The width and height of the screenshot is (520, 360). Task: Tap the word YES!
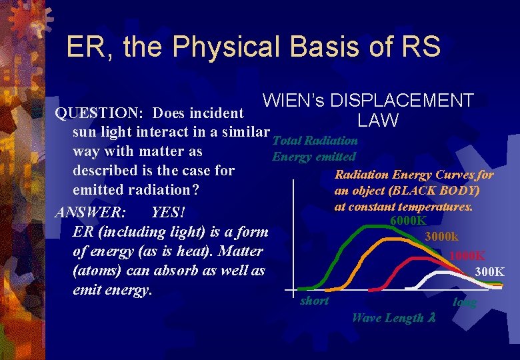click(x=168, y=213)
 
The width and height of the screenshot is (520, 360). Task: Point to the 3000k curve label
click(x=441, y=237)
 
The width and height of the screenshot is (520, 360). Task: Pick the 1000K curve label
click(x=467, y=256)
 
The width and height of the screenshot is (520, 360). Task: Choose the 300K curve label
click(x=489, y=272)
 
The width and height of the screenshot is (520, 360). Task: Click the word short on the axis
click(x=315, y=301)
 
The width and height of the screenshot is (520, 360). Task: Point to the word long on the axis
click(x=465, y=303)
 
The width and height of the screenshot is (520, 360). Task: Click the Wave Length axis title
click(x=393, y=318)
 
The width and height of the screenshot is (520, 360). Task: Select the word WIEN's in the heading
click(x=294, y=101)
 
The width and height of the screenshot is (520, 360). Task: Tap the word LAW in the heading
click(x=377, y=121)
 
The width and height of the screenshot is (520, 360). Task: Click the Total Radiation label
click(x=315, y=141)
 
